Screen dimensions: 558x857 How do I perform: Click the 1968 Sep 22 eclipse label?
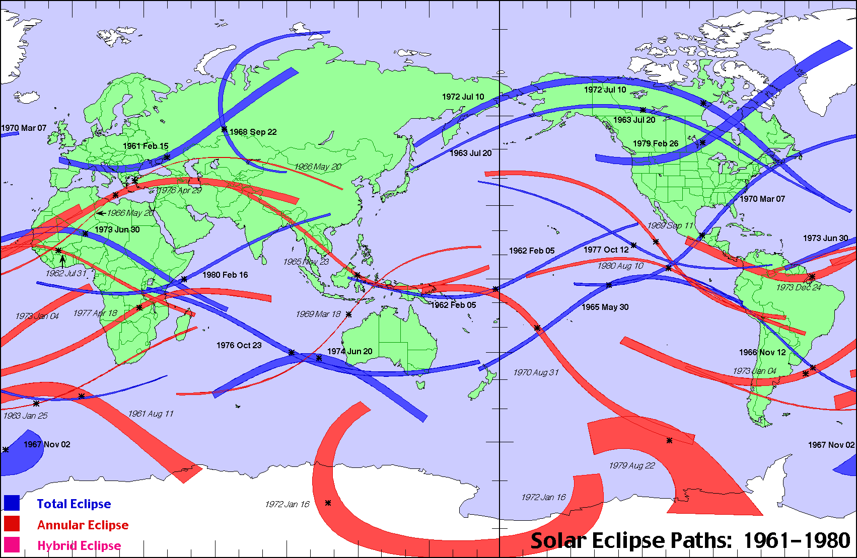[253, 132]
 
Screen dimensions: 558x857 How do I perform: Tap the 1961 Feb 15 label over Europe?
[146, 146]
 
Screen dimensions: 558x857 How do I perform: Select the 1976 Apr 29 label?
[179, 190]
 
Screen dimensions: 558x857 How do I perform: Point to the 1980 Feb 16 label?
[225, 275]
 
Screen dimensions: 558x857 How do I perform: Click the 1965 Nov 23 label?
[306, 262]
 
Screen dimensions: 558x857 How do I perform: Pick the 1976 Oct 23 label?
[239, 345]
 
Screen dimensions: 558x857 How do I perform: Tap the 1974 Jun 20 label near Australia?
[350, 351]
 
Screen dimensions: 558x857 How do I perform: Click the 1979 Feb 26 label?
[656, 143]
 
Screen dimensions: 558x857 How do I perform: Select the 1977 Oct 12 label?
[606, 250]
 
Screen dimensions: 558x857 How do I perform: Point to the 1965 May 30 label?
[605, 307]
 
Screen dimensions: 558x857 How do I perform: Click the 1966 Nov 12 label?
[762, 352]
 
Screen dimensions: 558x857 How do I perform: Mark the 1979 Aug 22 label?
[632, 465]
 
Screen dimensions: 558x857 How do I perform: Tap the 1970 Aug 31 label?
[536, 372]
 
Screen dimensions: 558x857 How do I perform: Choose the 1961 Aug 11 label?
[151, 414]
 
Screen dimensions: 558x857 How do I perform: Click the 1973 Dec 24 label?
[799, 287]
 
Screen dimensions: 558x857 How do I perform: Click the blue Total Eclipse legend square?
[12, 503]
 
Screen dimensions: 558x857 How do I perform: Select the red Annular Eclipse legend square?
[12, 524]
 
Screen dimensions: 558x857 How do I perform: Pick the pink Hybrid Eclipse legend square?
[12, 545]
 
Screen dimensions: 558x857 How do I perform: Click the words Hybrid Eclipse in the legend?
[79, 546]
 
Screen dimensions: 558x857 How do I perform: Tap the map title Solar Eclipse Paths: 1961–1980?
[690, 541]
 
